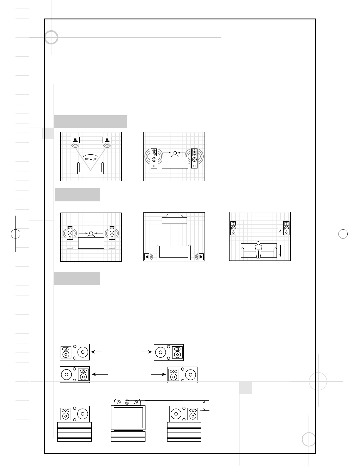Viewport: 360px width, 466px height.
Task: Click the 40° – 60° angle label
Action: [91, 159]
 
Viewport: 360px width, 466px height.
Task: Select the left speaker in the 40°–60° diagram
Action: [75, 140]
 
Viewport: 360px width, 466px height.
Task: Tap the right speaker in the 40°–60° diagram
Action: [107, 140]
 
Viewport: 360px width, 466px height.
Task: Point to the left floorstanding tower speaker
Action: [154, 158]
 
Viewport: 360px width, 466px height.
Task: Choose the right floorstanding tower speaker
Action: [194, 158]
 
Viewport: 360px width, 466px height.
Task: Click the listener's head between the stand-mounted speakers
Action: [91, 233]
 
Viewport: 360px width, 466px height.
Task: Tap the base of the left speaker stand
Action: [70, 248]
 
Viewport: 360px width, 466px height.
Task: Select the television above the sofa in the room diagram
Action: [174, 218]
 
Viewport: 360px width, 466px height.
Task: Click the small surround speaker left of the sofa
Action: [147, 257]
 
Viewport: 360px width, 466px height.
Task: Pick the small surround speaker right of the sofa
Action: [201, 257]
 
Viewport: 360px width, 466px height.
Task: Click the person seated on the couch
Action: [258, 250]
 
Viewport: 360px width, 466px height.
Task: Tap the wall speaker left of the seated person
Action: [233, 228]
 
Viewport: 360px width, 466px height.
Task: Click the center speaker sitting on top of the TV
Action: [127, 402]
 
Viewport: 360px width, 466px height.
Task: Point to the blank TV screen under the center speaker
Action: [128, 418]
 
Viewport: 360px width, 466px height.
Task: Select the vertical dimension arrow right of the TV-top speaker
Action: [204, 405]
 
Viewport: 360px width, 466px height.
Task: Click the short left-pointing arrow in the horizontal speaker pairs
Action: [96, 352]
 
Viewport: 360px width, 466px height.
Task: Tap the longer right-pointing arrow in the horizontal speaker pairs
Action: [158, 374]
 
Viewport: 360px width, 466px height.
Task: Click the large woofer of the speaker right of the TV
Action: [176, 414]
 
